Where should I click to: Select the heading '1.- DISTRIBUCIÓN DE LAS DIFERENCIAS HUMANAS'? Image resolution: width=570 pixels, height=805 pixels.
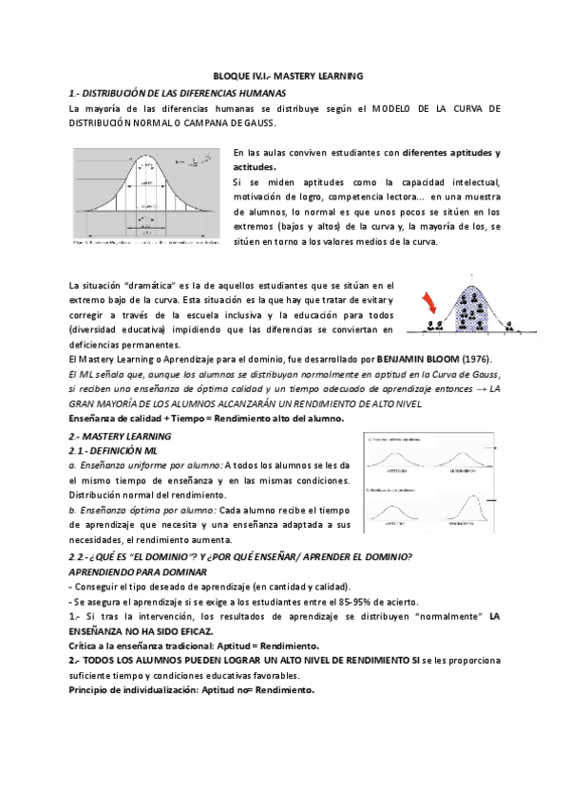click(177, 92)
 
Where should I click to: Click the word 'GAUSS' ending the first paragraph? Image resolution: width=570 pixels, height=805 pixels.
click(253, 123)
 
